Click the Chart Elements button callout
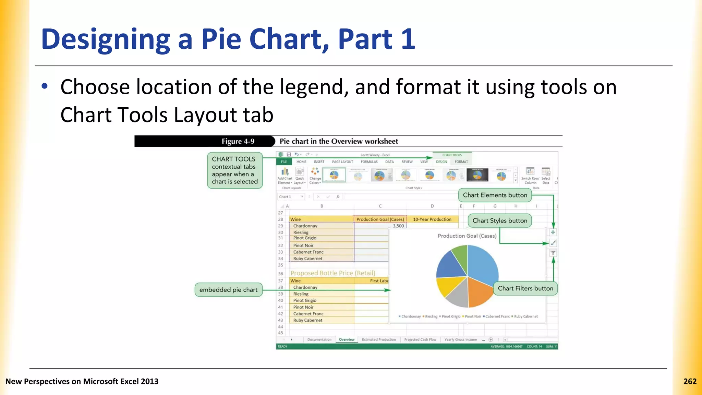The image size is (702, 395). click(x=495, y=195)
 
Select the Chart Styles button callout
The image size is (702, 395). click(x=500, y=221)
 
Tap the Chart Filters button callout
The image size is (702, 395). click(x=525, y=288)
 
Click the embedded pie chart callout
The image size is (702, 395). click(x=228, y=290)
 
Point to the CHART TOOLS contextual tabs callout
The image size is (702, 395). click(x=235, y=170)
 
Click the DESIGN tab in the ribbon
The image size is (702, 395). click(x=441, y=162)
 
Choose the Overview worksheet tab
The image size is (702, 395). click(x=347, y=339)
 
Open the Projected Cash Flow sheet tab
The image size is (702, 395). click(x=420, y=339)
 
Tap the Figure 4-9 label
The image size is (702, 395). click(x=238, y=141)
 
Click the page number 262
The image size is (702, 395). click(x=690, y=381)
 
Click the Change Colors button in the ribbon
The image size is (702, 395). click(x=315, y=176)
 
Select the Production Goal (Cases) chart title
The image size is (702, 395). click(x=467, y=236)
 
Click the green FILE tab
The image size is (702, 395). click(x=284, y=162)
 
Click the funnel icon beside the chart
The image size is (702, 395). click(x=553, y=253)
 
